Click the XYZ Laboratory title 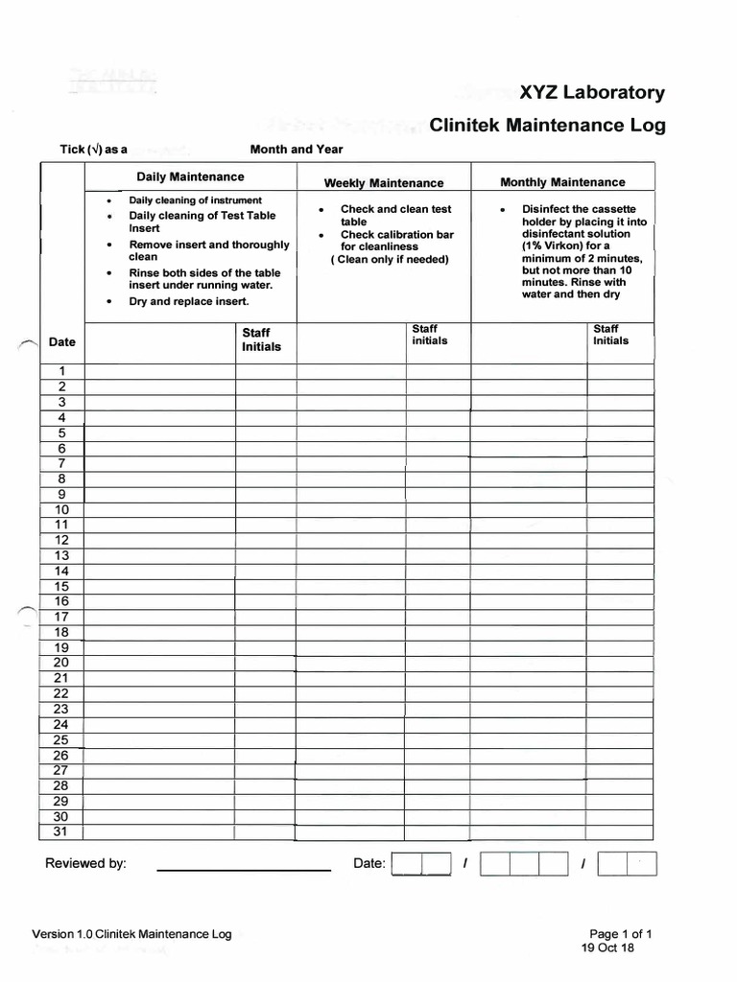coord(591,93)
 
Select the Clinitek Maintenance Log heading coord(547,126)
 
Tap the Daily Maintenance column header coord(190,176)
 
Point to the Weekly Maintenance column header coord(383,183)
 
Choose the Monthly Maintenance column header coord(562,182)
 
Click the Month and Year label coord(296,150)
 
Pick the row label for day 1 coord(61,371)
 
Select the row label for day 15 coord(61,586)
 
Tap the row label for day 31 coord(61,831)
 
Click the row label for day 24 coord(61,724)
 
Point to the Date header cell coord(61,342)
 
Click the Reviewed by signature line coord(243,869)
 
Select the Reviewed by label coord(85,863)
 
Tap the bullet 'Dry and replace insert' coord(189,301)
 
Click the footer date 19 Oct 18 coord(607,947)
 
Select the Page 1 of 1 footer coord(621,933)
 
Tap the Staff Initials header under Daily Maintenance coord(261,339)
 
